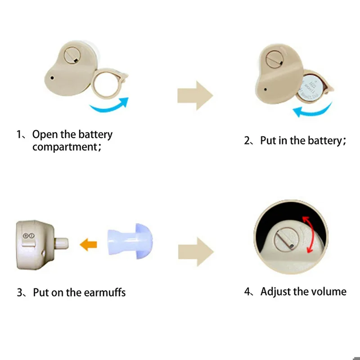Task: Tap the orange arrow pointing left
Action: click(x=88, y=244)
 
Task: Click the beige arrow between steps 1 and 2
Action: click(x=195, y=95)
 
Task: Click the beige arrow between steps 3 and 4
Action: click(x=196, y=252)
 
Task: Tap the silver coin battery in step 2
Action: click(x=310, y=88)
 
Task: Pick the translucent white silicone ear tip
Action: click(x=130, y=241)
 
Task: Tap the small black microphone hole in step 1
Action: click(x=52, y=78)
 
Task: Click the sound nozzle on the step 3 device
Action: click(x=62, y=243)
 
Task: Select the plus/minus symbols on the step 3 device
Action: click(x=29, y=236)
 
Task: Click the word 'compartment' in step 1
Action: click(x=65, y=147)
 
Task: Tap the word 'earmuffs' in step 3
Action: click(x=105, y=292)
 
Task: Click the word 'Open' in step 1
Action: click(x=45, y=135)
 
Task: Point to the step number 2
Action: click(x=247, y=140)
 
